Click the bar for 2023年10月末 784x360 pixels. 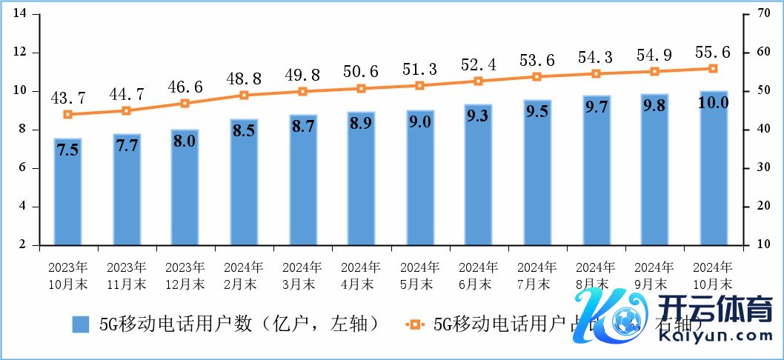pos(67,191)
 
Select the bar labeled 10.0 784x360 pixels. pos(714,168)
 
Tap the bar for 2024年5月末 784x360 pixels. pos(420,178)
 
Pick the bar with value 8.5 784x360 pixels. pos(244,181)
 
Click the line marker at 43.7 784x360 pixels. pos(67,115)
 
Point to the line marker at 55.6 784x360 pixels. pos(714,68)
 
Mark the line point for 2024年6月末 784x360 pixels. pos(479,81)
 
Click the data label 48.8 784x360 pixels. pos(244,79)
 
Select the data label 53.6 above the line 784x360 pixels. pos(537,60)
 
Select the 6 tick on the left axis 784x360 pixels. pos(24,168)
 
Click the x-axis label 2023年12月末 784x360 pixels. pos(185,275)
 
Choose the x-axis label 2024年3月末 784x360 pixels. pos(302,275)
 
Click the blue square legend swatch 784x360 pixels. pos(81,324)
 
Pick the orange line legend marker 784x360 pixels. pos(415,324)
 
